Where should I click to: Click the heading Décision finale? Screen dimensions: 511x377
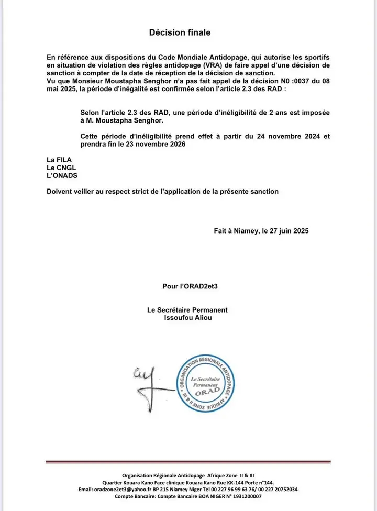pos(180,32)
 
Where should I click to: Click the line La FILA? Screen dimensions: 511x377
pos(59,159)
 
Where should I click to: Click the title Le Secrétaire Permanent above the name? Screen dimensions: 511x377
pos(187,310)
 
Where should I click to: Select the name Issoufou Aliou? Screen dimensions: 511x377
pos(187,318)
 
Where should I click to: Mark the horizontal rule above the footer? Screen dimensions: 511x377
pos(188,462)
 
